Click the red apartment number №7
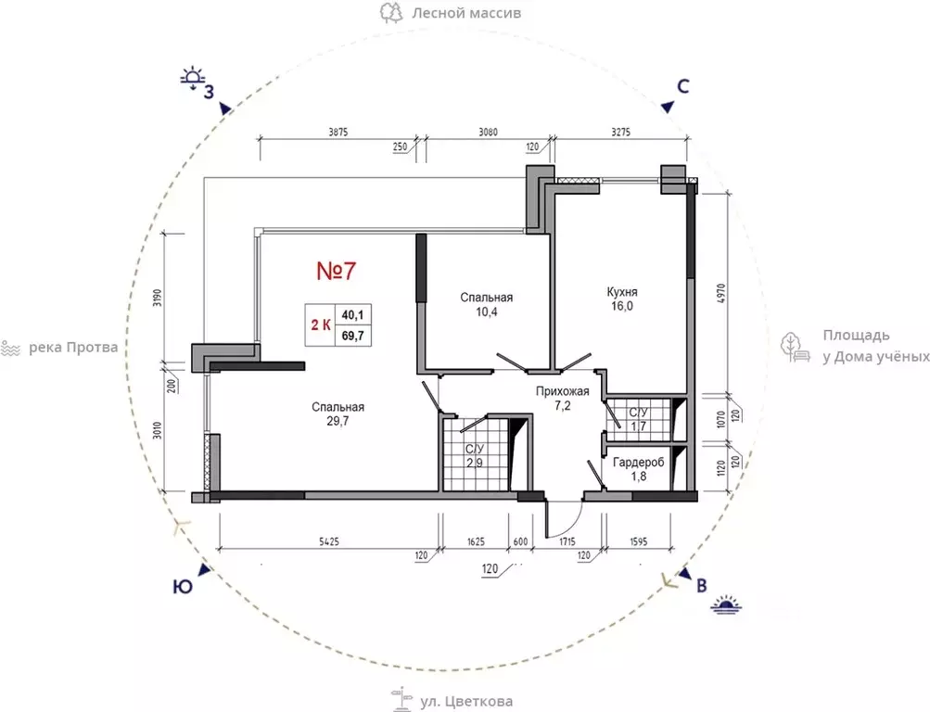(x=336, y=271)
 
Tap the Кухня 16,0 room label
(x=622, y=299)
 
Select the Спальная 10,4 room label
(x=487, y=304)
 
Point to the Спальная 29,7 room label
(x=338, y=413)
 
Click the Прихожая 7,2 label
(x=562, y=399)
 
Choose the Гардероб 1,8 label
(x=639, y=469)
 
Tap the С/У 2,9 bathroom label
(x=475, y=456)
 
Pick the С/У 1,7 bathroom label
(x=638, y=419)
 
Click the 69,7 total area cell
(x=353, y=337)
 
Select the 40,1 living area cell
(x=353, y=315)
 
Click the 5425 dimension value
(x=329, y=541)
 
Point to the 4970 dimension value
(x=721, y=294)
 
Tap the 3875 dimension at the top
(x=338, y=133)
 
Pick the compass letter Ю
(x=183, y=587)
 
